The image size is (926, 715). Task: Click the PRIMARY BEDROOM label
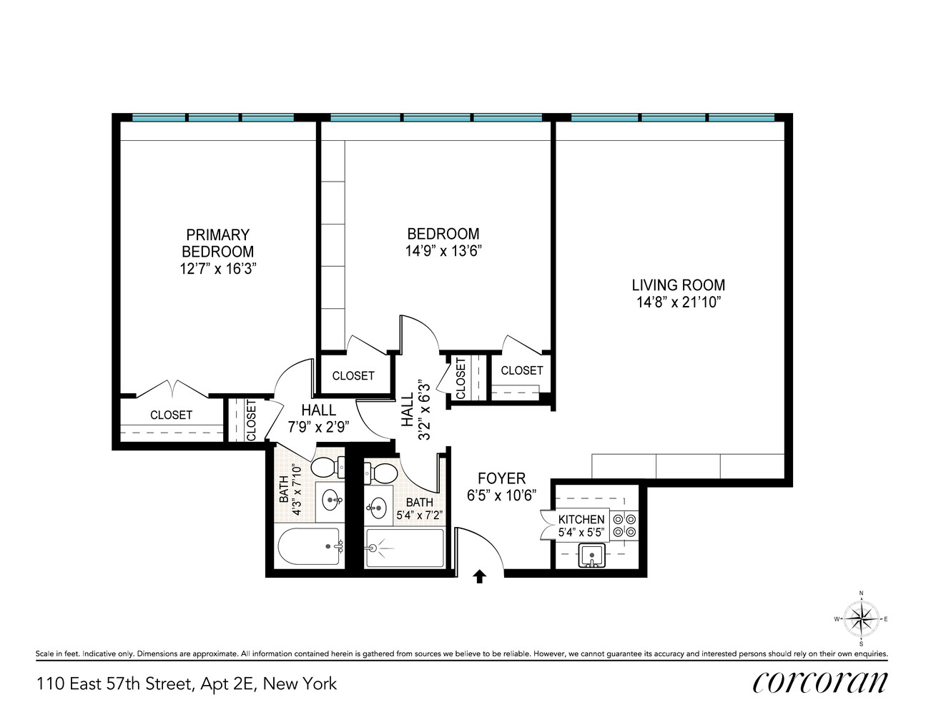click(217, 243)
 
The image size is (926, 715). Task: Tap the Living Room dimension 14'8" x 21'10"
click(678, 302)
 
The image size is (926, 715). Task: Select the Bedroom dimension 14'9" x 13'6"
click(443, 251)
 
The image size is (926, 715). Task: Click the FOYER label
click(501, 478)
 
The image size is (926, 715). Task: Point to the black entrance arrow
click(479, 576)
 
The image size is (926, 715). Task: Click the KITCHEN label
click(581, 519)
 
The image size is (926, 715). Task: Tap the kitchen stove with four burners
click(624, 526)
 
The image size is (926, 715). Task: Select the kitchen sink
click(592, 555)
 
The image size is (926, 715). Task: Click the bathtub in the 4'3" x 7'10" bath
click(309, 547)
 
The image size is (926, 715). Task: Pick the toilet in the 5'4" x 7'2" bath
click(382, 473)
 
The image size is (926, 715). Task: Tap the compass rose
click(861, 619)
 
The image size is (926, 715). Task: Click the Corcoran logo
click(819, 682)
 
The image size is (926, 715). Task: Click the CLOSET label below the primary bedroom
click(171, 415)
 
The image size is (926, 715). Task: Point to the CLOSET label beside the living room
click(521, 370)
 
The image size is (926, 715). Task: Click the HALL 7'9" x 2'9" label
click(318, 418)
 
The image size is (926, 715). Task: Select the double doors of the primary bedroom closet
click(172, 389)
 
